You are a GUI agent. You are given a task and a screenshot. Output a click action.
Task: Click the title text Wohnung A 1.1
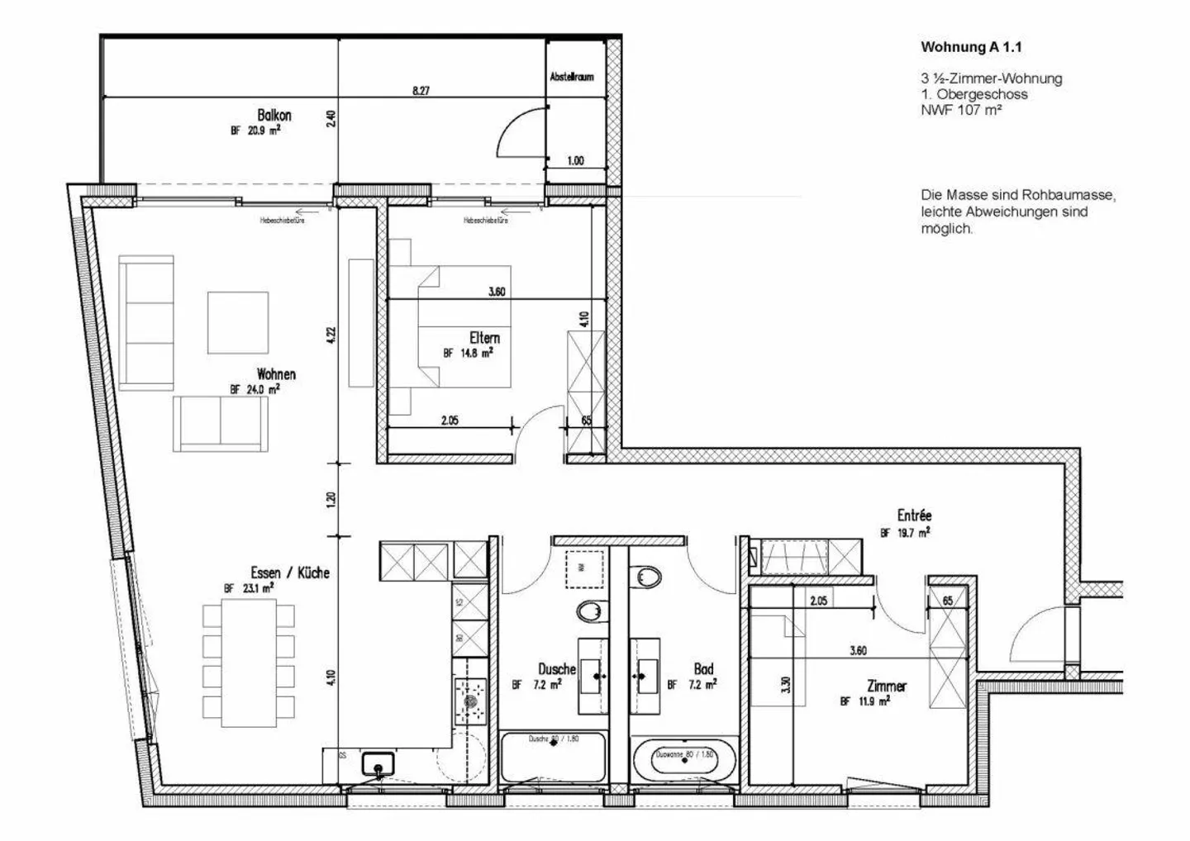971,47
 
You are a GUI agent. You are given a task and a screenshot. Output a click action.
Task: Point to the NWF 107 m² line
961,110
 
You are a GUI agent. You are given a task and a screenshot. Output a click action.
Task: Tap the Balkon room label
274,116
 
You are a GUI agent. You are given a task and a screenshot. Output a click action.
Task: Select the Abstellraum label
572,77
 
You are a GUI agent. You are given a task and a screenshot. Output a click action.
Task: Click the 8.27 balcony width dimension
421,91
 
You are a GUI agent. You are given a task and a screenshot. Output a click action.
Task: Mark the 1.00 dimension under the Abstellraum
575,160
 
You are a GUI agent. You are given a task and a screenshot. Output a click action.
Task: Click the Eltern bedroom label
484,338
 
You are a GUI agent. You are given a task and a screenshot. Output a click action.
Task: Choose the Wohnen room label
276,374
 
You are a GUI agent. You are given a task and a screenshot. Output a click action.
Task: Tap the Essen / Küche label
290,573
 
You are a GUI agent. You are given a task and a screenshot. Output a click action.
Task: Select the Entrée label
914,516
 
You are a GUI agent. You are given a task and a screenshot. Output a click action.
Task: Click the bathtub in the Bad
684,758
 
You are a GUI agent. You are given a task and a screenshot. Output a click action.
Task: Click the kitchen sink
378,763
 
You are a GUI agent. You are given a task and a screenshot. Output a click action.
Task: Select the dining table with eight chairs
248,663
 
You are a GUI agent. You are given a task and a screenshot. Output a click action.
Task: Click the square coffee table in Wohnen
238,322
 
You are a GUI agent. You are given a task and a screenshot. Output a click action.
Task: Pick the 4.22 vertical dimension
331,335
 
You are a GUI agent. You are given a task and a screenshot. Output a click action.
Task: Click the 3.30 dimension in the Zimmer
786,685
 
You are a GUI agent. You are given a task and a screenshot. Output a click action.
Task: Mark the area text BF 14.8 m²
468,353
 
